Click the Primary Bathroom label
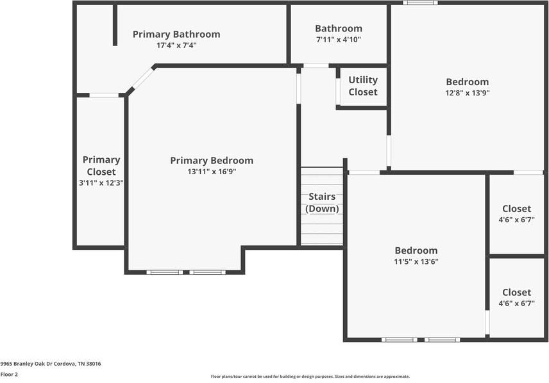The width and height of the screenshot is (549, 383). pos(176,35)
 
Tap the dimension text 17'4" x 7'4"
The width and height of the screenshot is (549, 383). pos(176,45)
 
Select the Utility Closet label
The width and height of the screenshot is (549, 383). pos(363,86)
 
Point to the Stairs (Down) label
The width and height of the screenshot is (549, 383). pos(322,202)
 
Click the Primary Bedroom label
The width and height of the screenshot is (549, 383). pos(212,161)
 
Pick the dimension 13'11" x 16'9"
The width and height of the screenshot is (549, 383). pos(212,172)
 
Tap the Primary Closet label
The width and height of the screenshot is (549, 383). pos(101,166)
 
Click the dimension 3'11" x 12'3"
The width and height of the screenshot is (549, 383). pos(101,183)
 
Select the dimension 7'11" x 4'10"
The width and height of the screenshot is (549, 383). pos(339,40)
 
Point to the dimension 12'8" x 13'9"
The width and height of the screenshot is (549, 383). pos(468,93)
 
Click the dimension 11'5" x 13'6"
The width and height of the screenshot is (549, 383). pos(416,261)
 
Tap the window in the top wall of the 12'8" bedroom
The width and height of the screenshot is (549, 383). pos(420,3)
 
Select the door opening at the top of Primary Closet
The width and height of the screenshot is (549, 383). pos(104,95)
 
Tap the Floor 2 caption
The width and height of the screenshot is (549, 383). pos(9,374)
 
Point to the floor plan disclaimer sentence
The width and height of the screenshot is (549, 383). pos(310,377)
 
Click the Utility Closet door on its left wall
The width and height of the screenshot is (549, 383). pos(338,92)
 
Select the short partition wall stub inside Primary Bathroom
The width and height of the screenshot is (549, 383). pos(115,24)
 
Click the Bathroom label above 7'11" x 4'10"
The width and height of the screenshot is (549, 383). pos(339,28)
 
